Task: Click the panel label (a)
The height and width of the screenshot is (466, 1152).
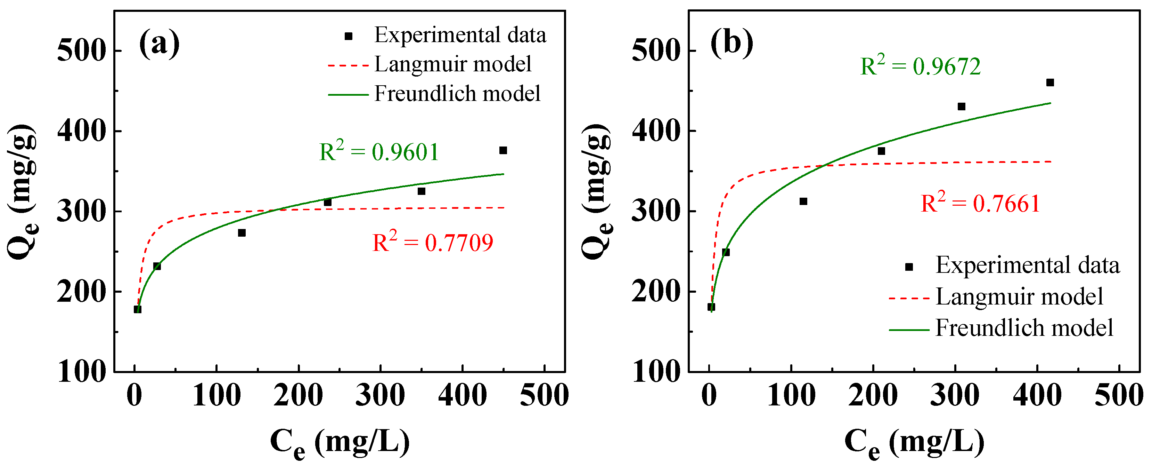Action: (159, 44)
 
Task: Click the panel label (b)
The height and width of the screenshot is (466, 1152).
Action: (732, 44)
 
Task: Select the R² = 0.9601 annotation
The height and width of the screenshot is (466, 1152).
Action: (379, 151)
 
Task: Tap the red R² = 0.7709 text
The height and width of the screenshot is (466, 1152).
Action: (432, 243)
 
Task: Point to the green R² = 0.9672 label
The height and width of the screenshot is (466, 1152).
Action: (920, 66)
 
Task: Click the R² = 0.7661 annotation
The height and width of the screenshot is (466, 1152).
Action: (980, 203)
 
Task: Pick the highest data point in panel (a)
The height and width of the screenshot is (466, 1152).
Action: (503, 150)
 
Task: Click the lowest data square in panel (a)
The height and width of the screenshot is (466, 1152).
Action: (138, 309)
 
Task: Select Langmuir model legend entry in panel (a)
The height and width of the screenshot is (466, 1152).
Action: (452, 64)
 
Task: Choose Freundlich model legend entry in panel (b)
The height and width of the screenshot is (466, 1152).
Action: (1024, 328)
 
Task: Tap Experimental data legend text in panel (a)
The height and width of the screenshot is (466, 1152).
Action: (460, 35)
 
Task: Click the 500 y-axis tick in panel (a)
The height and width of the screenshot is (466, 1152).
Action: (81, 50)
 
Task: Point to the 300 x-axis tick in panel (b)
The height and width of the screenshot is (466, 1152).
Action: (955, 396)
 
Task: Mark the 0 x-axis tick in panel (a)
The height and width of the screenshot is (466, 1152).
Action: (134, 396)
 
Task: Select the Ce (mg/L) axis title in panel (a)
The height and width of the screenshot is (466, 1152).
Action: (340, 442)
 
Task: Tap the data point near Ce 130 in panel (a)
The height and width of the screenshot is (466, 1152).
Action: (242, 233)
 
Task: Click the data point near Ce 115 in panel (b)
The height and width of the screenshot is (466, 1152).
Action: (803, 202)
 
